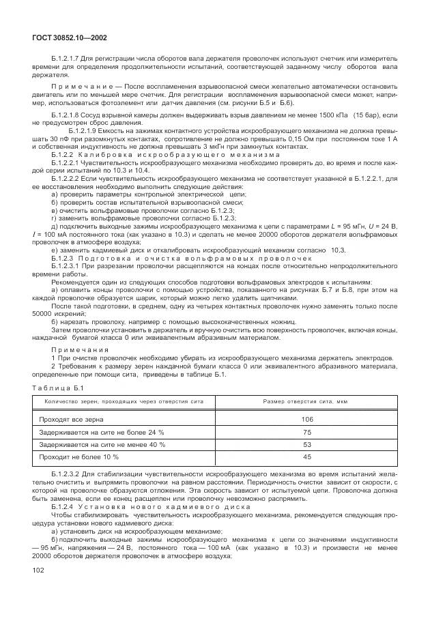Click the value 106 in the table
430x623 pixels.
point(306,419)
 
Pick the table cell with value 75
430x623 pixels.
point(306,432)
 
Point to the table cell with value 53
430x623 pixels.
point(306,444)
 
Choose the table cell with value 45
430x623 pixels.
point(306,457)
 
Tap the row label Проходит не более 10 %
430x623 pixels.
point(79,457)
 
